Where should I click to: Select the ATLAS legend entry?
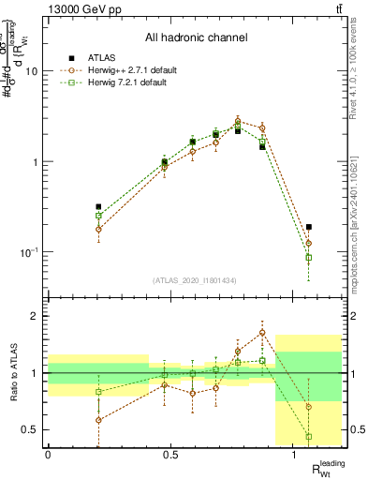pyautogui.click(x=102, y=58)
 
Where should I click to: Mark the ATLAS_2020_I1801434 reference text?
pyautogui.click(x=195, y=280)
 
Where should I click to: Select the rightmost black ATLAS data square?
pyautogui.click(x=309, y=227)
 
